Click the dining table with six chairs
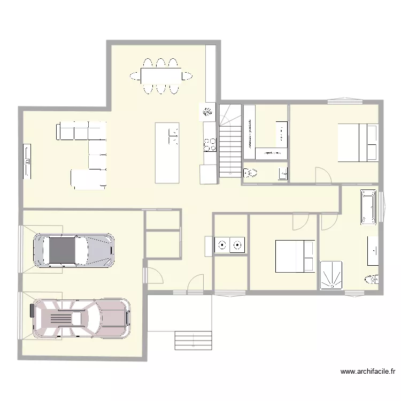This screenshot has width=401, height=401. [160, 76]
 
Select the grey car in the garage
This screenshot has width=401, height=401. [74, 249]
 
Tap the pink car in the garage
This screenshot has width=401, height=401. [81, 319]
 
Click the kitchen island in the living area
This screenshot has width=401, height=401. [167, 153]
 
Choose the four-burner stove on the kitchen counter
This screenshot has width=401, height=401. [210, 144]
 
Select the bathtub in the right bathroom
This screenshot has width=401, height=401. [368, 206]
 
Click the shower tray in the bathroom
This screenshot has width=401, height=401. [333, 275]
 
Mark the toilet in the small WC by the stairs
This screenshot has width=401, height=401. [249, 173]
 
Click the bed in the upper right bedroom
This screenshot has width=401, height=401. [357, 142]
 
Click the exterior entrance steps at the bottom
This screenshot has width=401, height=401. [193, 340]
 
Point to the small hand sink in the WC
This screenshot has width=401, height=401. [283, 173]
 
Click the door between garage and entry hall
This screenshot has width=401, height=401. [155, 275]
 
